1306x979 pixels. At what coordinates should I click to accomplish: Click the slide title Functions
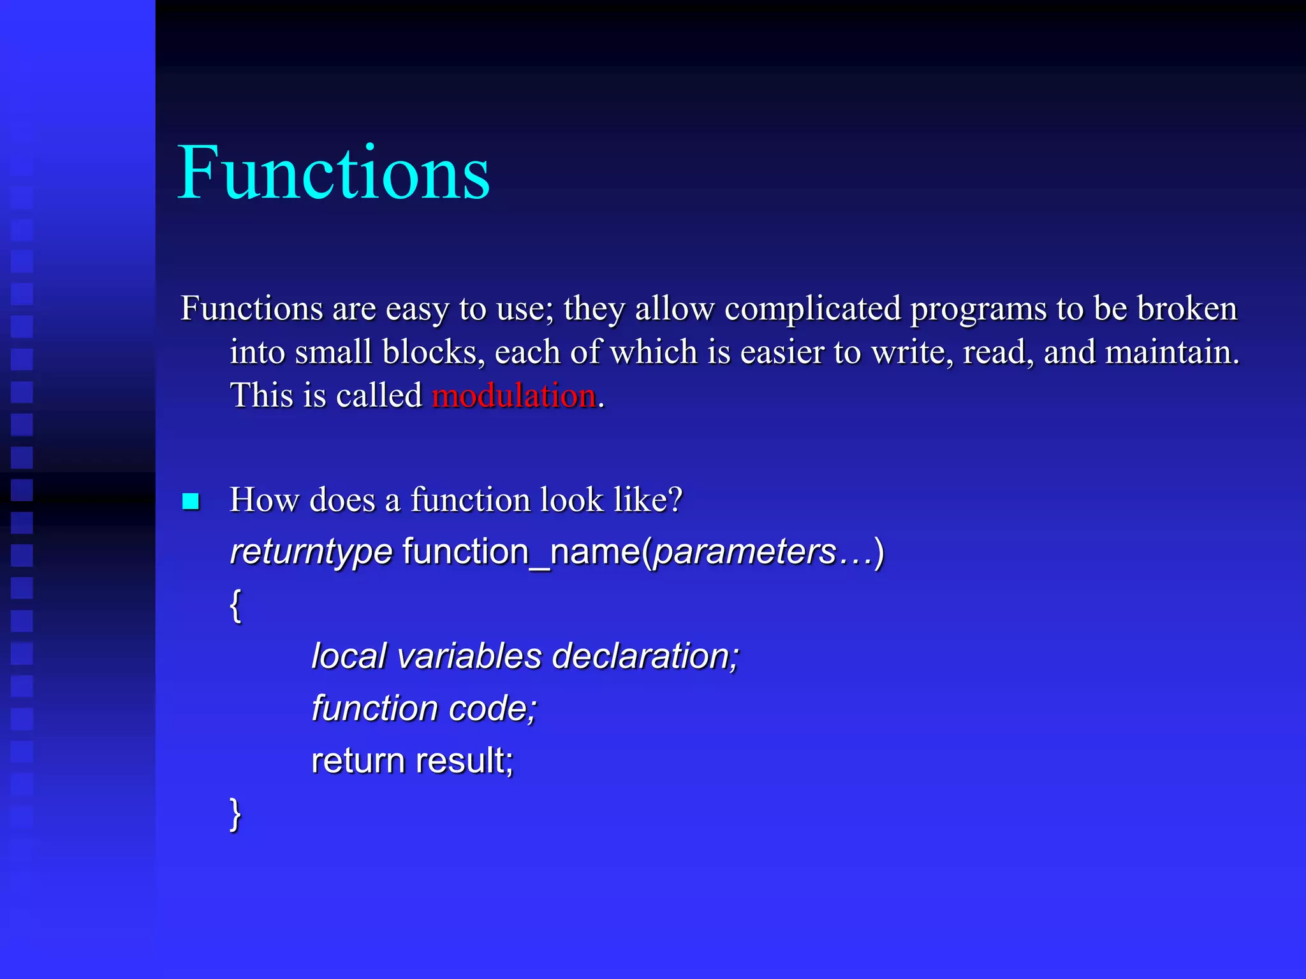pos(334,173)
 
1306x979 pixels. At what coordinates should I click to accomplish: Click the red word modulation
pos(514,395)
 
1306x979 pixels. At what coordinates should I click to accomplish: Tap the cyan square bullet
pos(191,502)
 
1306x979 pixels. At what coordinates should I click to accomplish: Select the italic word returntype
pos(311,552)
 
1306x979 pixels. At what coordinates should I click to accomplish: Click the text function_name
pos(521,552)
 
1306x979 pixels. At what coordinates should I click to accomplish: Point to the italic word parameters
pos(745,552)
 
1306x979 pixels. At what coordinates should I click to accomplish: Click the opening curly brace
pos(235,605)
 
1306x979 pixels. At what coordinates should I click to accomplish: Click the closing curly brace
pos(235,814)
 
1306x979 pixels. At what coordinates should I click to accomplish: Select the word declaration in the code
pos(645,656)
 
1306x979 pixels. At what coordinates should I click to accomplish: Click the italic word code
pos(492,709)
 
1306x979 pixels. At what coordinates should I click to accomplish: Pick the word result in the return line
pos(464,761)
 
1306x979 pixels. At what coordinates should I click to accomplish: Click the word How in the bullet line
pos(264,500)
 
